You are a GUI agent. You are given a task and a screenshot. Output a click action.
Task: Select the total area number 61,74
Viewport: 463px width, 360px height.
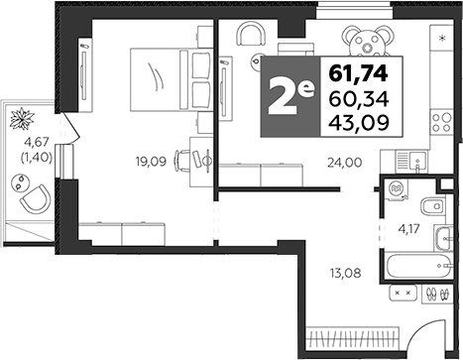click(361, 73)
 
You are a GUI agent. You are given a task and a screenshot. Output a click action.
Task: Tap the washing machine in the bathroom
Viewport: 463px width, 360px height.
click(397, 189)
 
